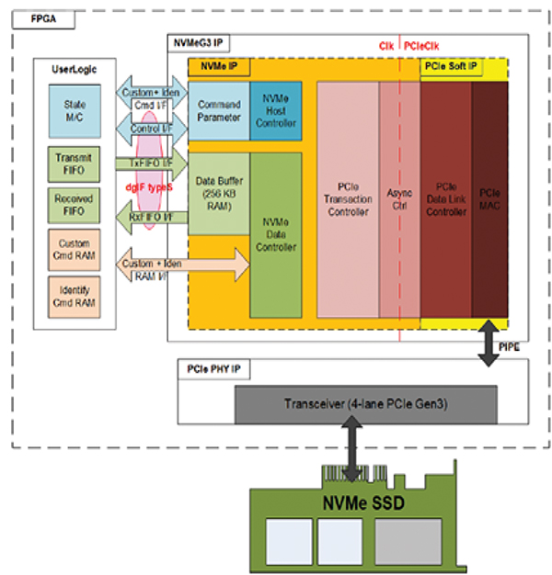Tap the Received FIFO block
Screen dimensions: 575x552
coord(75,205)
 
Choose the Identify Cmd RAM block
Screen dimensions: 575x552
coord(75,297)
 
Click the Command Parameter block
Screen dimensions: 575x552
coord(218,109)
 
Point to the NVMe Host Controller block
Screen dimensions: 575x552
coord(275,109)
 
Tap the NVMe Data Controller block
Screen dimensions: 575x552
coord(275,234)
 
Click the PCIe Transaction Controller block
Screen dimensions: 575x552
coord(347,198)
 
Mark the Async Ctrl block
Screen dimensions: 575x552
coord(398,198)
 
